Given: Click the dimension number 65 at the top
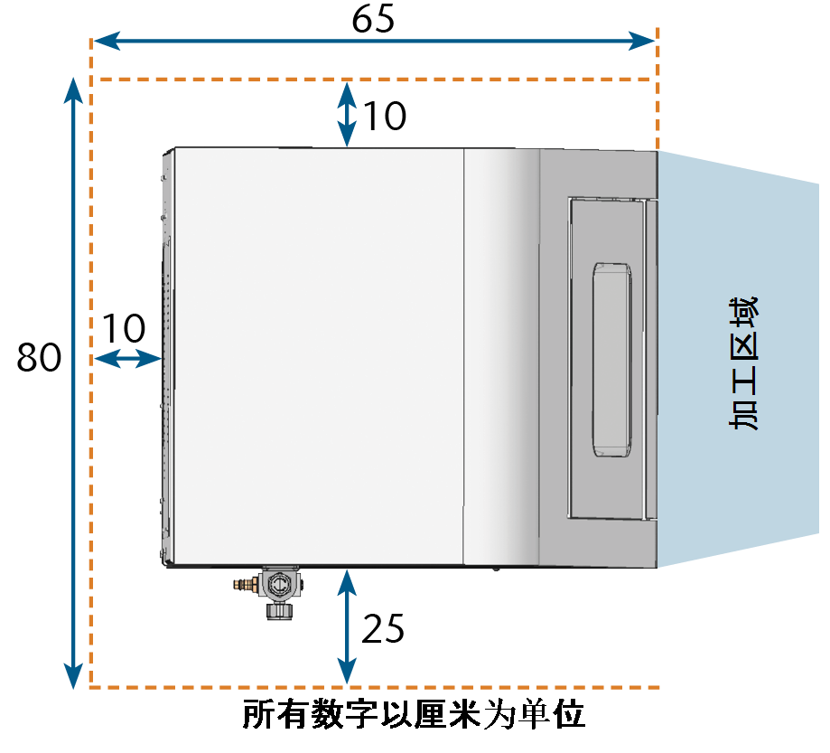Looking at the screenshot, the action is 373,19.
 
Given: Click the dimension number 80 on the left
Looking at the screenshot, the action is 39,357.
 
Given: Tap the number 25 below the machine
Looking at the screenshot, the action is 383,628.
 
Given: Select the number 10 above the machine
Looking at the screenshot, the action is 385,116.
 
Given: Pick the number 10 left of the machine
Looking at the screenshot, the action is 124,328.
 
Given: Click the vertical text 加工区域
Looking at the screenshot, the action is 743,363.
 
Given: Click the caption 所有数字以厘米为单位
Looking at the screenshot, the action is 414,715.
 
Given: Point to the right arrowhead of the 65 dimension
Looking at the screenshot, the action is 641,41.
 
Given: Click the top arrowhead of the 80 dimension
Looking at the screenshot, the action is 73,90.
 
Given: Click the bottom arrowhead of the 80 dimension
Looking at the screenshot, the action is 73,676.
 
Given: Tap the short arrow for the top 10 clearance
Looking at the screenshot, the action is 347,114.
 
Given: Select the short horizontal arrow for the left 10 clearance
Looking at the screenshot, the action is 127,359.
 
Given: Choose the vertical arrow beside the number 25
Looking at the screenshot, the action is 347,626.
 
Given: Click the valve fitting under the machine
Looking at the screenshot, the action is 269,592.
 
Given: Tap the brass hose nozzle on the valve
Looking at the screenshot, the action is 245,585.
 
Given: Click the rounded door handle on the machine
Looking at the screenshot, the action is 612,359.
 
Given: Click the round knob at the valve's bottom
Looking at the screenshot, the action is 279,611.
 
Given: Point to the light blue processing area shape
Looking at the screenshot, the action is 738,359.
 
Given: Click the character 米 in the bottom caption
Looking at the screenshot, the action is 463,715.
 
